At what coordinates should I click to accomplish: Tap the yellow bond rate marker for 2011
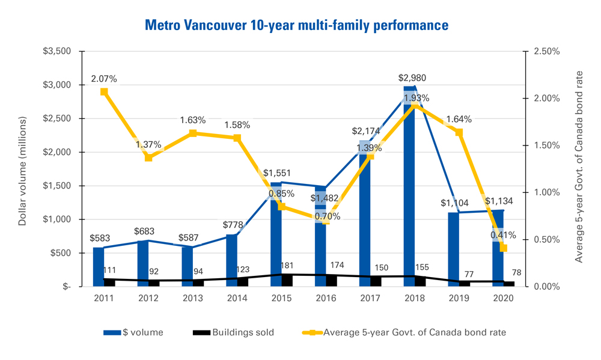point(104,92)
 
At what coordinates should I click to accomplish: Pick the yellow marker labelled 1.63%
point(193,133)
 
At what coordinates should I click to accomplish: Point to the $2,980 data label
point(411,78)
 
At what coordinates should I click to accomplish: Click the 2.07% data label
point(104,79)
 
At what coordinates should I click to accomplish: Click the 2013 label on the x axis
point(193,299)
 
